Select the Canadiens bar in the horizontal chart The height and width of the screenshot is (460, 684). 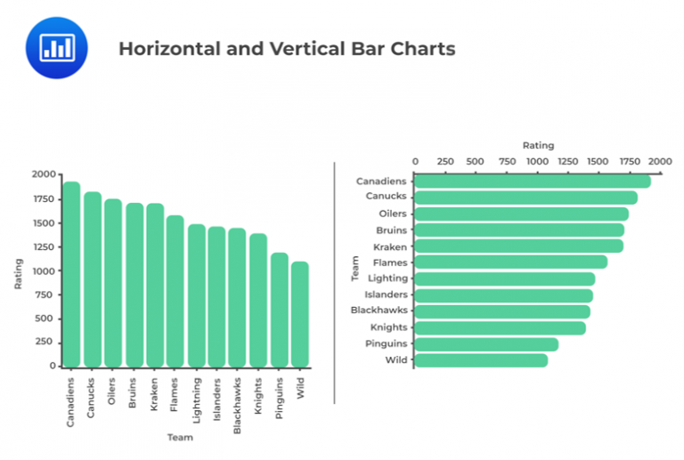coord(532,182)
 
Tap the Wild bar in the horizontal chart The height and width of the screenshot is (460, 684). coord(481,360)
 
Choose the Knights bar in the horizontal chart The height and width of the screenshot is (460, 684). coord(500,328)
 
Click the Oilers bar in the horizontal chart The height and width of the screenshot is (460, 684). coord(521,214)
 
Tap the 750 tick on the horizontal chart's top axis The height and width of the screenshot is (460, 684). coord(507,162)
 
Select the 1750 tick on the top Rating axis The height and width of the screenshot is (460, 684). coord(630,162)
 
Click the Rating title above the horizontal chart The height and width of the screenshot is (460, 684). coord(538,145)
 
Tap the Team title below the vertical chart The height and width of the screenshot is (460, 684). coord(180,437)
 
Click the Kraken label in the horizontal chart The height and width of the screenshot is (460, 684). coord(391,246)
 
